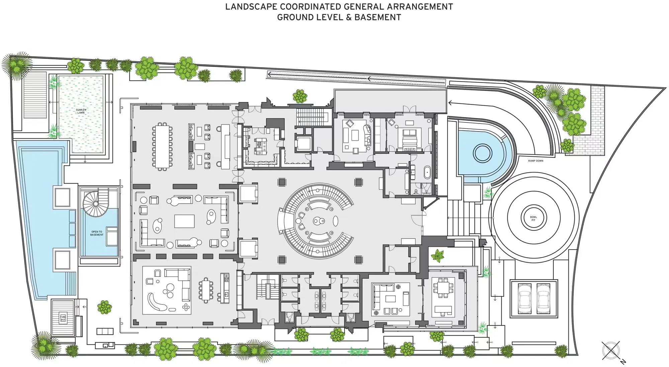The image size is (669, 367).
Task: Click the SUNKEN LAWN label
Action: tap(81, 111)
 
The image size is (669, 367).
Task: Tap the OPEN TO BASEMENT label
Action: tap(97, 233)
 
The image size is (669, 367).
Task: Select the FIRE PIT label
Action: tap(63, 318)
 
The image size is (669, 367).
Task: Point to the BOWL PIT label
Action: tap(533, 218)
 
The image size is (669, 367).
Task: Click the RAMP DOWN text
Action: tap(536, 161)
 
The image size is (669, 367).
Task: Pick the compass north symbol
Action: tap(611, 351)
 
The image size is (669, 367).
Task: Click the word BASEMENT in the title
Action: tap(378, 17)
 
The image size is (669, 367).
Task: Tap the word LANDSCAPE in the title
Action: tap(251, 7)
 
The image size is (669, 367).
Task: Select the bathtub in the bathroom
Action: tap(427, 172)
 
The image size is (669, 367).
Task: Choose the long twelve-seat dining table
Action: tap(162, 146)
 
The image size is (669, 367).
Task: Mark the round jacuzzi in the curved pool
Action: tap(482, 153)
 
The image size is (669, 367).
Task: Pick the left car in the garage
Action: tap(524, 298)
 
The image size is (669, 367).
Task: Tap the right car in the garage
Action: tap(543, 298)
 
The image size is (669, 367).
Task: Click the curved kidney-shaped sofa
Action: tap(157, 303)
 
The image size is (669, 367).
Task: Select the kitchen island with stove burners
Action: tap(260, 146)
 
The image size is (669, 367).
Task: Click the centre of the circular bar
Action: tap(318, 221)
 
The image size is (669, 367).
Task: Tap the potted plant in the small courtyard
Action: tap(437, 256)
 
